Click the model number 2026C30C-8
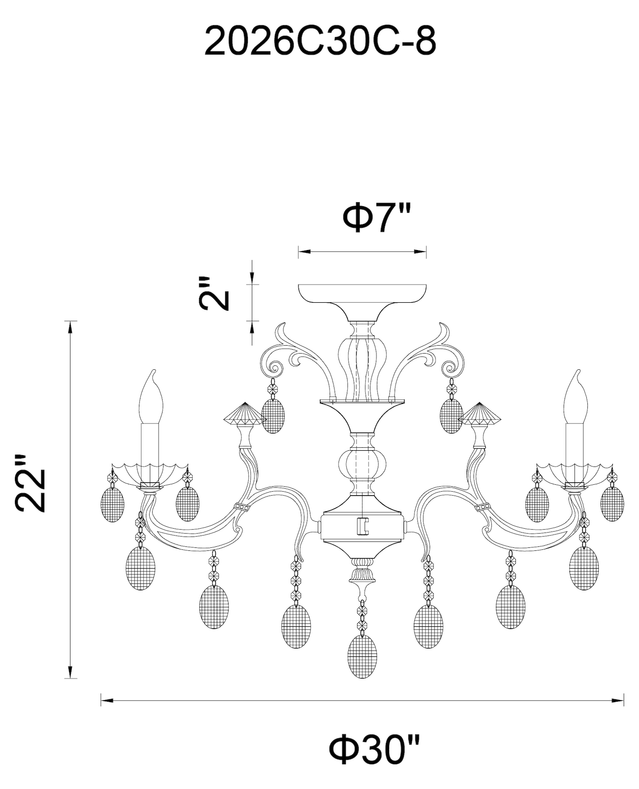click(x=320, y=41)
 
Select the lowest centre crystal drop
click(x=363, y=656)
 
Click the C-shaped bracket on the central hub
click(x=363, y=526)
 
